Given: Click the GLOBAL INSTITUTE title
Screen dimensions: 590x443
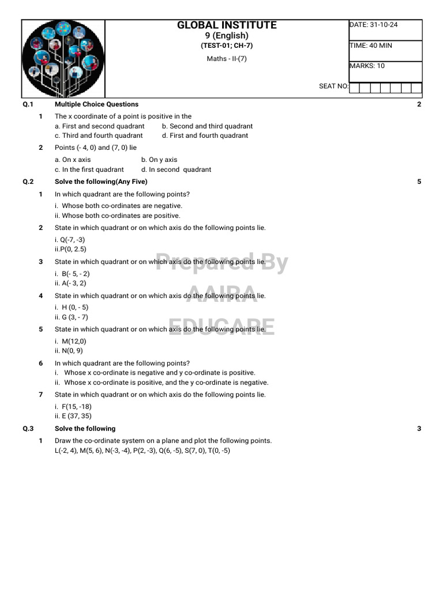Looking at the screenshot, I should (227, 25).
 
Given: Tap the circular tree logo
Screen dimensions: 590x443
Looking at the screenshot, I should (63, 58).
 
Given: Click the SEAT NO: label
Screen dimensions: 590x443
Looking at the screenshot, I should (333, 86).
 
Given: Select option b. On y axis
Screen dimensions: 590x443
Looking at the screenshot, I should (159, 160).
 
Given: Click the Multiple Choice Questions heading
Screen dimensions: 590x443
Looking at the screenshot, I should (96, 104).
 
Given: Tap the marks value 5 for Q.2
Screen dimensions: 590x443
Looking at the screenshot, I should (419, 181).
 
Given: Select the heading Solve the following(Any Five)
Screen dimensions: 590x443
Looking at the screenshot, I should (101, 181).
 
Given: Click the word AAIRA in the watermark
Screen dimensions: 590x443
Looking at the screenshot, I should (222, 294).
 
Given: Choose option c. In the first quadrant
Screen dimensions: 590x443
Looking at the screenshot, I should (89, 169).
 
